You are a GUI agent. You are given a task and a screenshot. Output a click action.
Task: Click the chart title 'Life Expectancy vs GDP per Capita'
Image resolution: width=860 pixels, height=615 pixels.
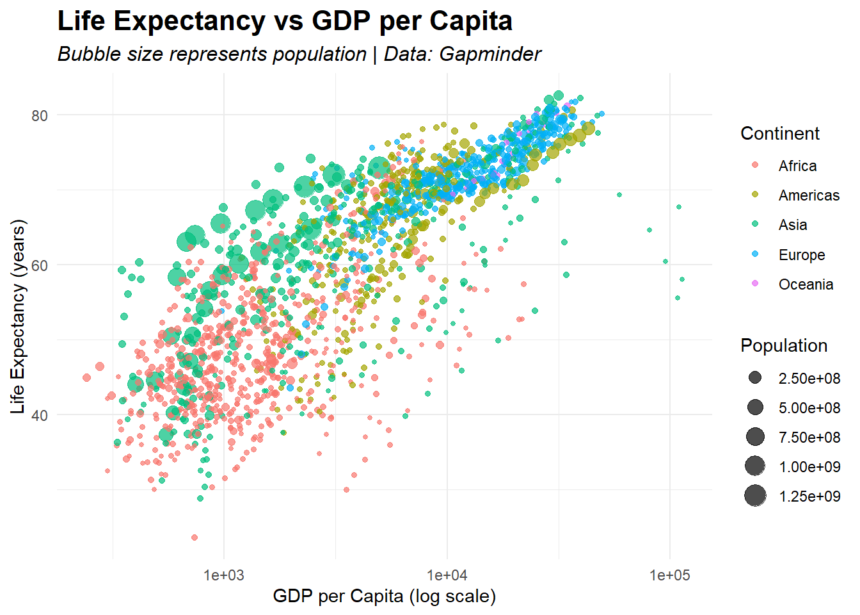pyautogui.click(x=285, y=21)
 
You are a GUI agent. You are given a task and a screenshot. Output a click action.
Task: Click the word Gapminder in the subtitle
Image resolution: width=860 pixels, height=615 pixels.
pyautogui.click(x=490, y=54)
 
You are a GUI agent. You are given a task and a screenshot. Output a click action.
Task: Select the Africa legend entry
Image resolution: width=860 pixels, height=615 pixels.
pyautogui.click(x=797, y=166)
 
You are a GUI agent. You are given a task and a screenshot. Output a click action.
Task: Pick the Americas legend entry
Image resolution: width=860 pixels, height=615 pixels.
pyautogui.click(x=808, y=195)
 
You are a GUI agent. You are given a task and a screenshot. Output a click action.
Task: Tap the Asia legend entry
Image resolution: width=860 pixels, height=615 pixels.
pyautogui.click(x=792, y=225)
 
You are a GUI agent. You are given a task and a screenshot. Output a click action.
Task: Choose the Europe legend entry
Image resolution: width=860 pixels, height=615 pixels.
pyautogui.click(x=801, y=255)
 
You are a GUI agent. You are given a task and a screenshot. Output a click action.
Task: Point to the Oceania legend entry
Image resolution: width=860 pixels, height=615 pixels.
pyautogui.click(x=806, y=284)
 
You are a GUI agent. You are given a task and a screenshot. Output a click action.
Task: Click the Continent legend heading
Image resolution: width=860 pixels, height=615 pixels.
pyautogui.click(x=779, y=133)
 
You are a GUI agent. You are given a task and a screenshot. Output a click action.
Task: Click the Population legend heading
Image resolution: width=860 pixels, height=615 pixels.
pyautogui.click(x=783, y=346)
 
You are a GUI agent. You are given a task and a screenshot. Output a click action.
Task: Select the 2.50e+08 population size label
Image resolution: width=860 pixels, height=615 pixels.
pyautogui.click(x=809, y=379)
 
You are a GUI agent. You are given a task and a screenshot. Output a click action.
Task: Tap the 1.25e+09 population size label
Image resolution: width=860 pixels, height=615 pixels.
pyautogui.click(x=809, y=496)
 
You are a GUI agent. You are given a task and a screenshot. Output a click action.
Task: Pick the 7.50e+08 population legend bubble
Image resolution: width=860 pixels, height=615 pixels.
pyautogui.click(x=755, y=437)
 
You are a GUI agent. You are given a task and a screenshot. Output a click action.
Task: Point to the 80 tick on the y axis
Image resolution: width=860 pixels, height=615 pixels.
pyautogui.click(x=40, y=116)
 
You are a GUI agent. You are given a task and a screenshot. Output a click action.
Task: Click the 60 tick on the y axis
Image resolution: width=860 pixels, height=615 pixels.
pyautogui.click(x=40, y=265)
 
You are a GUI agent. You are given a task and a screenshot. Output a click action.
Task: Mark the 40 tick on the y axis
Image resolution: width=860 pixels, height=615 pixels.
pyautogui.click(x=40, y=415)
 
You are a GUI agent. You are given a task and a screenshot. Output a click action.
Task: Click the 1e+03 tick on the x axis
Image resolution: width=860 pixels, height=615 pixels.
pyautogui.click(x=224, y=575)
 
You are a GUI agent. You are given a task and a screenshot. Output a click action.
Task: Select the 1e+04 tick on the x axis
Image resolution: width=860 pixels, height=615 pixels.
pyautogui.click(x=447, y=575)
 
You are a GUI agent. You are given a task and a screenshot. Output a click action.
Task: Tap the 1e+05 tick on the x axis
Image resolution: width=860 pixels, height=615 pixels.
pyautogui.click(x=669, y=575)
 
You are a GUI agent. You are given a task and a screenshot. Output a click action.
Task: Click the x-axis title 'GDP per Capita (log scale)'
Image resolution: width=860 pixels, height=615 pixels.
pyautogui.click(x=384, y=596)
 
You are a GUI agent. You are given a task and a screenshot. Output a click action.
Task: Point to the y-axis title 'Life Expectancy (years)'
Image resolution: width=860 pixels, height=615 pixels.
pyautogui.click(x=18, y=316)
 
